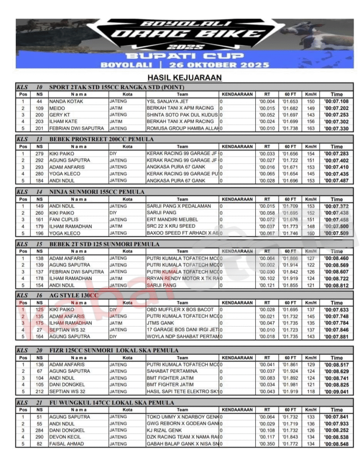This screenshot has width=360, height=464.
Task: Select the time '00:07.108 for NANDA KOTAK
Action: point(336,101)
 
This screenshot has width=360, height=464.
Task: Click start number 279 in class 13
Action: point(39,154)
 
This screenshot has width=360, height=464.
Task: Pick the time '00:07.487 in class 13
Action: point(336,181)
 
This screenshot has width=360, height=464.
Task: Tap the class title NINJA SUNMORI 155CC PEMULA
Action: point(97,192)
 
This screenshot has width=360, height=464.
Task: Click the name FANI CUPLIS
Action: point(63,220)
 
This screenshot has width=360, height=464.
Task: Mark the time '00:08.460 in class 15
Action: point(336,258)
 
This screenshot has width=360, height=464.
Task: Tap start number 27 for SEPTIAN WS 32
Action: point(39,330)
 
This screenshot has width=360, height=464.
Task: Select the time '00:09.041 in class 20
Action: point(336,391)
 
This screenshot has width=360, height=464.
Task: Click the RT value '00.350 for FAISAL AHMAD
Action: point(267,444)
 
